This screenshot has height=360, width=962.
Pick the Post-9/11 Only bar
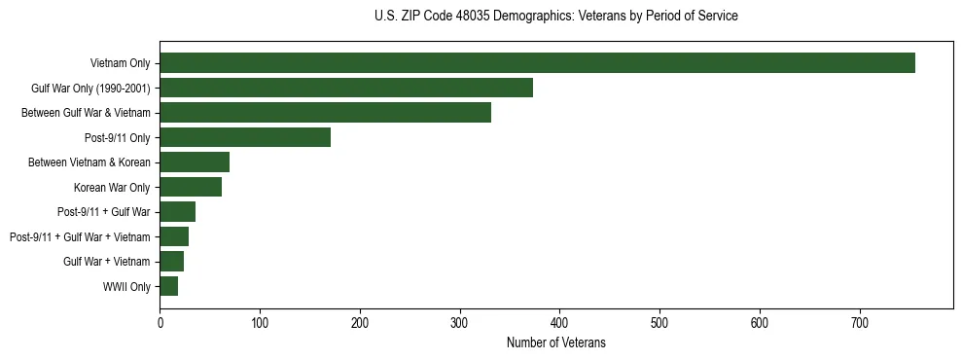point(245,137)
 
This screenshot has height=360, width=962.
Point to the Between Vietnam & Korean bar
point(195,162)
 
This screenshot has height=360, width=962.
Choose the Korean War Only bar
point(191,187)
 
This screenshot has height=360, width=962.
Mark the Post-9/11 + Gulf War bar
point(177,212)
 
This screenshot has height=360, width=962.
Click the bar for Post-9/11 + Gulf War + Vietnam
point(174,236)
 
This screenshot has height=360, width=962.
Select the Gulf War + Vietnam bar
point(171,262)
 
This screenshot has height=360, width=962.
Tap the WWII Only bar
point(168,286)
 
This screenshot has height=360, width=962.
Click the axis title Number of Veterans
point(555,342)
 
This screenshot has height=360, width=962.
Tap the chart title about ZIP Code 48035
point(555,17)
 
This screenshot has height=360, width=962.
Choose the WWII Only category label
point(126,287)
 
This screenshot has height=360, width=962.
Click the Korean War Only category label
point(112,188)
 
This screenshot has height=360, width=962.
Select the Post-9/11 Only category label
point(119,138)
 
